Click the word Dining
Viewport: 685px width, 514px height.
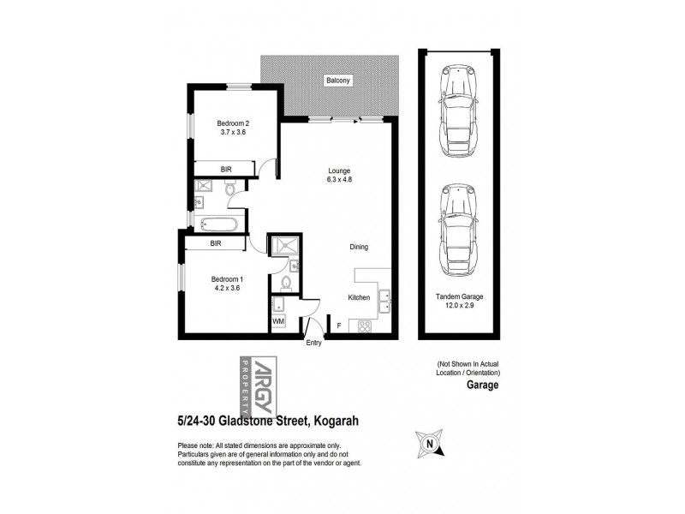point(359,248)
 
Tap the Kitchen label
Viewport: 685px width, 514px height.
point(359,297)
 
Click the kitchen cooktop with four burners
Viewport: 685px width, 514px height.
point(364,326)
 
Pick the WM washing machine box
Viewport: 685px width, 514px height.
point(278,321)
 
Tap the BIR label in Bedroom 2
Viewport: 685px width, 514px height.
point(226,170)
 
